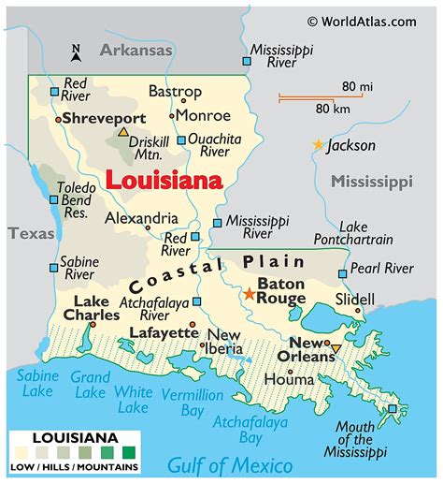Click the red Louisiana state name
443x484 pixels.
[x=164, y=179]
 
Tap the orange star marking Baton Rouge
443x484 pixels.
[x=249, y=294]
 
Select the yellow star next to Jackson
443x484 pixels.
[x=319, y=145]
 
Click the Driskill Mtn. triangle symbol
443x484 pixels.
[x=122, y=133]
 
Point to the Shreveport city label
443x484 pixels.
[x=104, y=119]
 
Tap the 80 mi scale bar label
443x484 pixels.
[x=357, y=87]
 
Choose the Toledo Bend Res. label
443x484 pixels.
[x=76, y=201]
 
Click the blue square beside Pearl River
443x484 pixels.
[x=343, y=273]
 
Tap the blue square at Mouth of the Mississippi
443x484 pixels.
[x=393, y=408]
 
